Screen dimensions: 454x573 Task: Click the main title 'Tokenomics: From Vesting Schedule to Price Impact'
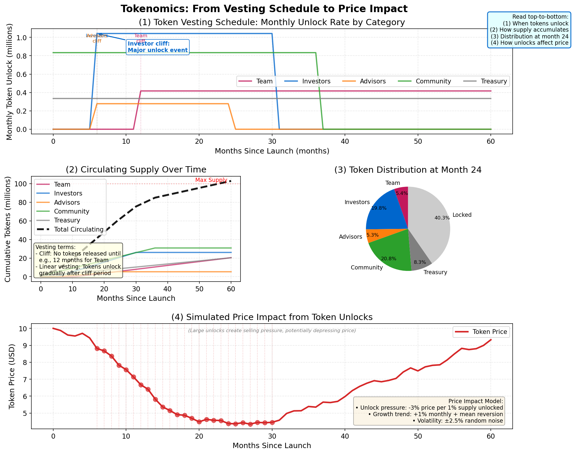coord(264,9)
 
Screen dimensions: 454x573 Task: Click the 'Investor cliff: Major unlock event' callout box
coord(158,47)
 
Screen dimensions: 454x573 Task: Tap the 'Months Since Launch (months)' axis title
coord(272,151)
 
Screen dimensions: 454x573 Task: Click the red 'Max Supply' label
coord(211,180)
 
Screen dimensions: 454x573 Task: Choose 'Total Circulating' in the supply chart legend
coord(78,230)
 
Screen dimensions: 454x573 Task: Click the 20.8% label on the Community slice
coord(389,259)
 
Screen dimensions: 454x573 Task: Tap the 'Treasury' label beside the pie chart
coord(435,272)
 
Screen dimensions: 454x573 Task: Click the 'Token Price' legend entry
coord(490,332)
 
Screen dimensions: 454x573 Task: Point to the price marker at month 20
coord(199,422)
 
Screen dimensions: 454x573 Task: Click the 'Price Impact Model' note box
coord(429,411)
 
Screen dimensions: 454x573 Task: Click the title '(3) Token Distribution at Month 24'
coord(408,170)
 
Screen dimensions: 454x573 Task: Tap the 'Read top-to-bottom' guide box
coord(529,30)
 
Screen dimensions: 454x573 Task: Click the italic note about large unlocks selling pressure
coord(272,331)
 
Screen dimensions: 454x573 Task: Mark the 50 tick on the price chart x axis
coord(418,437)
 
